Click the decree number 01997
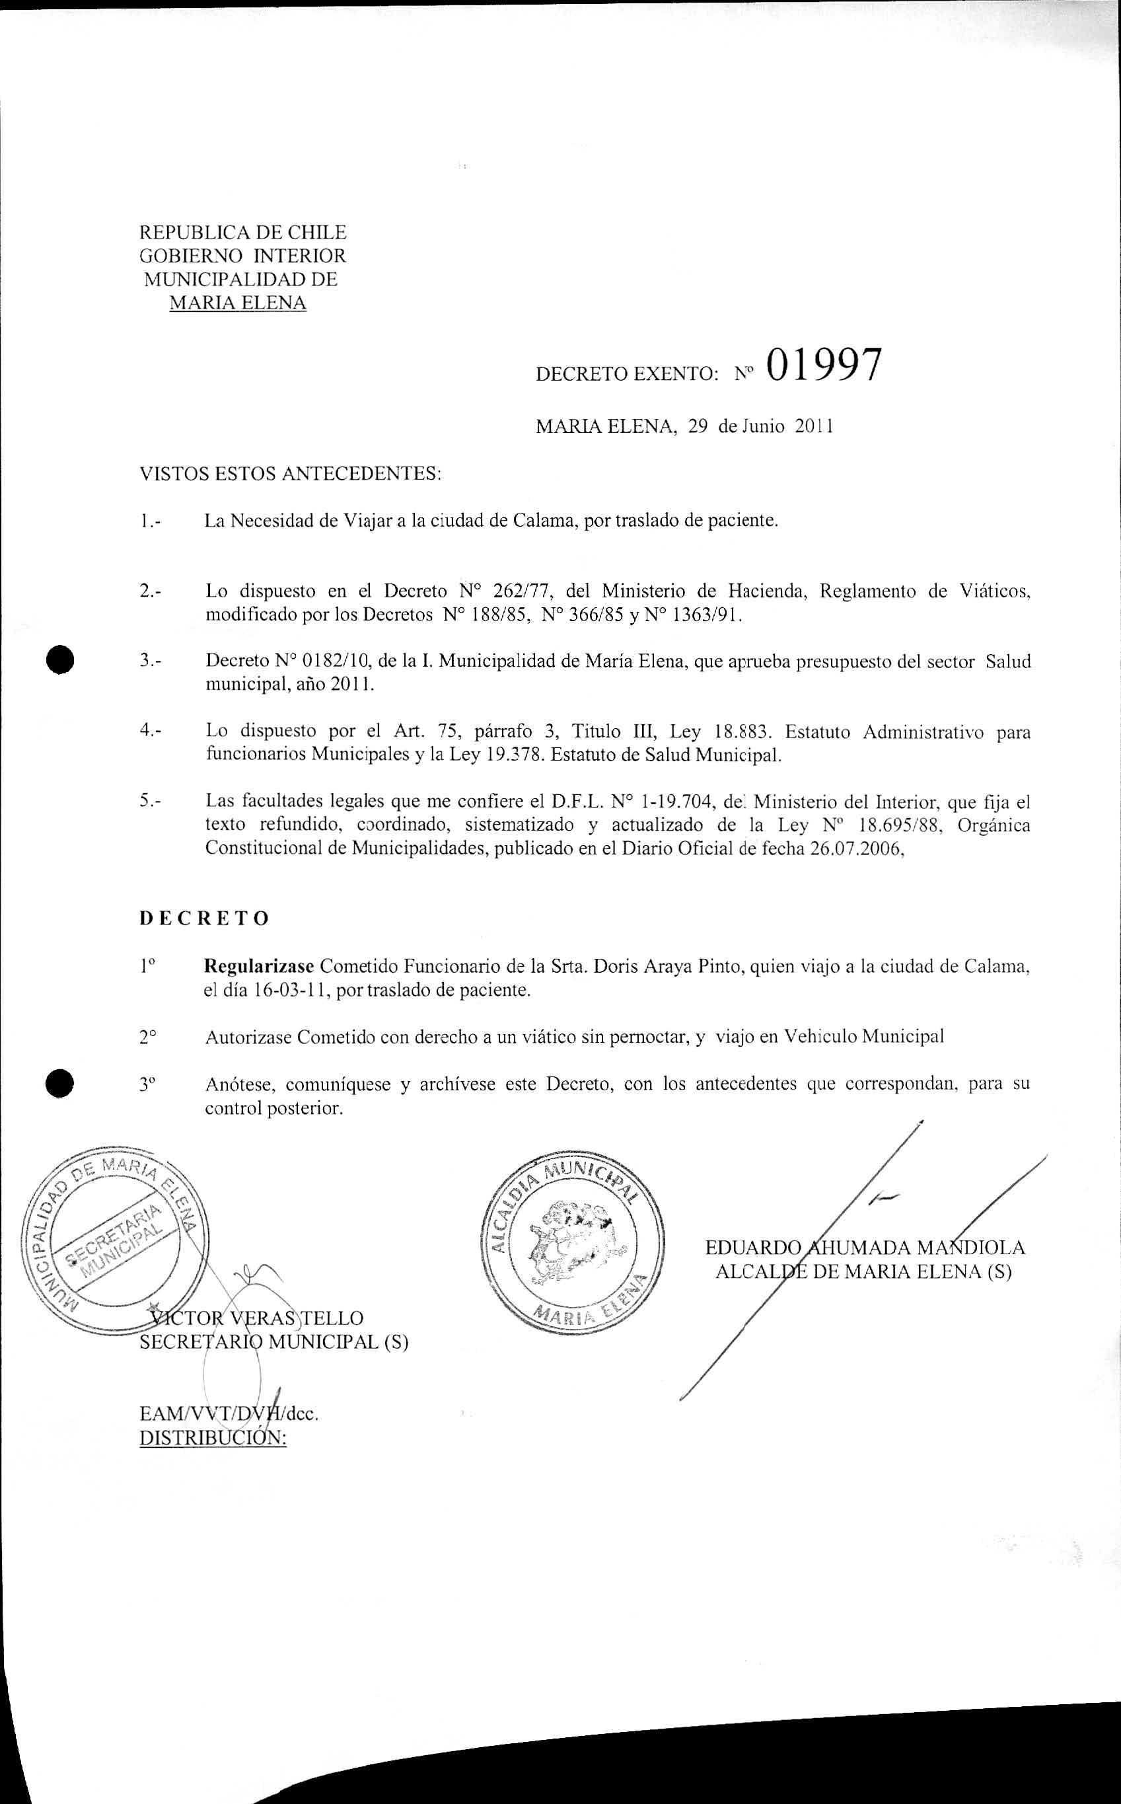(x=824, y=366)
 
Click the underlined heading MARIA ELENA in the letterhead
(x=237, y=303)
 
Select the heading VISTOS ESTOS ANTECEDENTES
(x=290, y=474)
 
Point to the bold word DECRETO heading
(x=204, y=919)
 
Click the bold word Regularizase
(x=260, y=967)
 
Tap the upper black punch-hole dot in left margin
(x=59, y=658)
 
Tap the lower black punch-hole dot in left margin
(x=59, y=1083)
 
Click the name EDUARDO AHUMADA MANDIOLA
(x=865, y=1248)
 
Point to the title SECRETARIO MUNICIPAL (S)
(x=273, y=1343)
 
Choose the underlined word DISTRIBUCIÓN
(x=213, y=1438)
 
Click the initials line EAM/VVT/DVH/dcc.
(x=229, y=1414)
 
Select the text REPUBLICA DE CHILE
(x=242, y=233)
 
